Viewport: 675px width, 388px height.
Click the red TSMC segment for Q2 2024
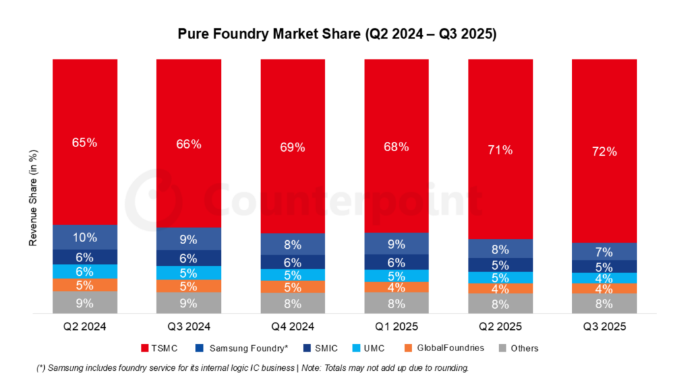(85, 142)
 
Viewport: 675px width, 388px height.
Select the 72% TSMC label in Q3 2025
(604, 151)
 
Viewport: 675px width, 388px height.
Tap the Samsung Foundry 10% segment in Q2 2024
(85, 237)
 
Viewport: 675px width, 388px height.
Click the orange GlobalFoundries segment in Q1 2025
(396, 288)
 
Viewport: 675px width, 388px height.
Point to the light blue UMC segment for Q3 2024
(189, 273)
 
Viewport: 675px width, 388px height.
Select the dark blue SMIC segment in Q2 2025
(500, 265)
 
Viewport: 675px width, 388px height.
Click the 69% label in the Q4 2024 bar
(293, 147)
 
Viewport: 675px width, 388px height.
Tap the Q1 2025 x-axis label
(396, 326)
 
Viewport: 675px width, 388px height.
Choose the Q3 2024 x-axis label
(189, 326)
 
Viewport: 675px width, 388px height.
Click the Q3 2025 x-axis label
(604, 326)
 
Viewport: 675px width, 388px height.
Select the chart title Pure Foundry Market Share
(337, 34)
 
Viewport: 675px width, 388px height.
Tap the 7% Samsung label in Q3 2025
(604, 251)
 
